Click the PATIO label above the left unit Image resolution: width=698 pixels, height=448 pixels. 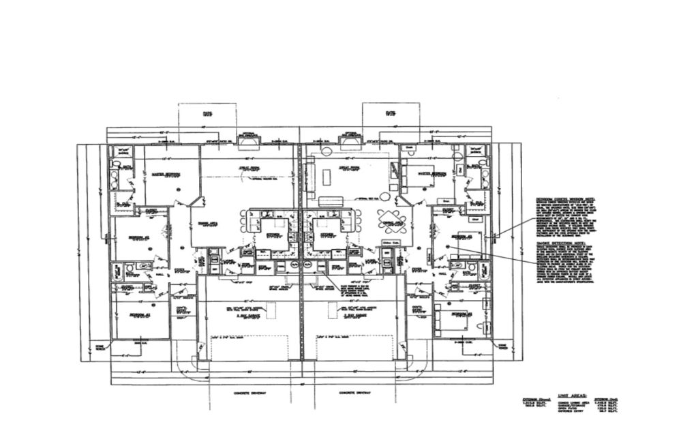click(x=207, y=114)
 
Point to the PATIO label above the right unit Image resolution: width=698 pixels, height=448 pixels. click(x=391, y=114)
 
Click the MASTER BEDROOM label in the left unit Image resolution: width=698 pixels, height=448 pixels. click(x=165, y=174)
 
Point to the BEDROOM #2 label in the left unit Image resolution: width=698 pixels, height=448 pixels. click(x=136, y=237)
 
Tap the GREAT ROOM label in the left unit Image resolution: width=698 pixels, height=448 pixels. click(x=247, y=168)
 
